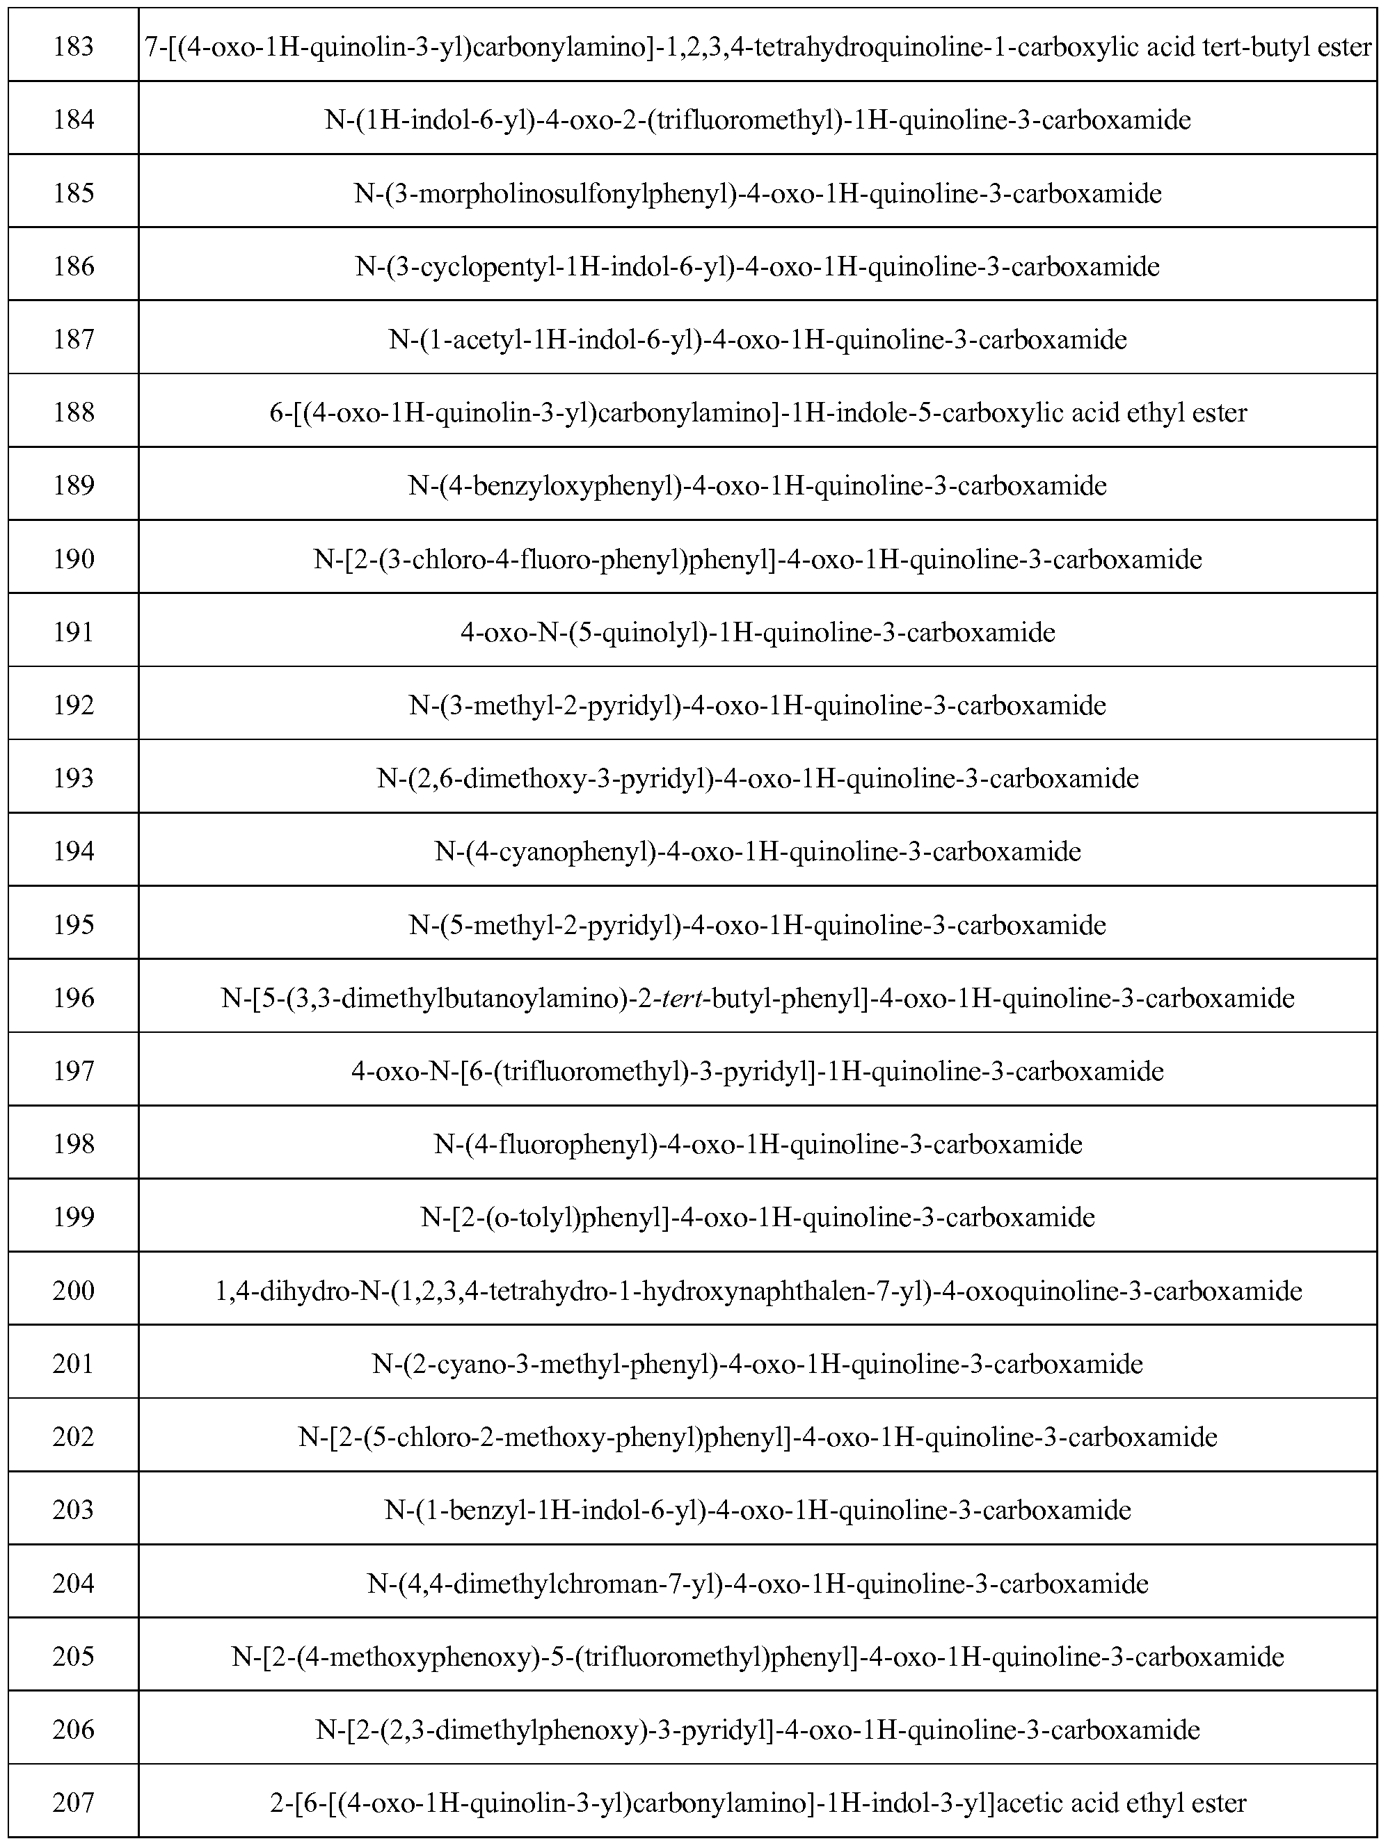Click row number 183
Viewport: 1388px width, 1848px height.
point(74,47)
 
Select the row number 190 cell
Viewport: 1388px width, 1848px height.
point(74,559)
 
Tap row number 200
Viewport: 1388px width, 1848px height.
point(74,1291)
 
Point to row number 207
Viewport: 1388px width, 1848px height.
point(74,1803)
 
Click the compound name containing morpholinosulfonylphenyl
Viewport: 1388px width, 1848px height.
point(757,194)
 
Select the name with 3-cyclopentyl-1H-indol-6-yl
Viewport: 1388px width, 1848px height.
point(757,266)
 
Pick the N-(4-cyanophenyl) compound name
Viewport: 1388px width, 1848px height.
point(757,851)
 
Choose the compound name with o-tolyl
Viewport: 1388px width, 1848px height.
point(757,1217)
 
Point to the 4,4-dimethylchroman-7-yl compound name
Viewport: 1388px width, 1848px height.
point(757,1583)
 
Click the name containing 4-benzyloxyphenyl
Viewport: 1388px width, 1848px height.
point(757,485)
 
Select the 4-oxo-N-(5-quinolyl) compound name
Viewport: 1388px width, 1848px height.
point(757,632)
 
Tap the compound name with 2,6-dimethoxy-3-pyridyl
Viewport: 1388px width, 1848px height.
point(757,778)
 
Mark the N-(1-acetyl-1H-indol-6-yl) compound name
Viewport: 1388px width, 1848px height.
point(757,340)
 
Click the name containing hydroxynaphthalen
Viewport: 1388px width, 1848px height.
point(757,1291)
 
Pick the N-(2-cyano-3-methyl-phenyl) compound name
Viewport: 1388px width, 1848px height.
point(757,1365)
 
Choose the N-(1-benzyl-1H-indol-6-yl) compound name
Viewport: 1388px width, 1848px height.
point(757,1510)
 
